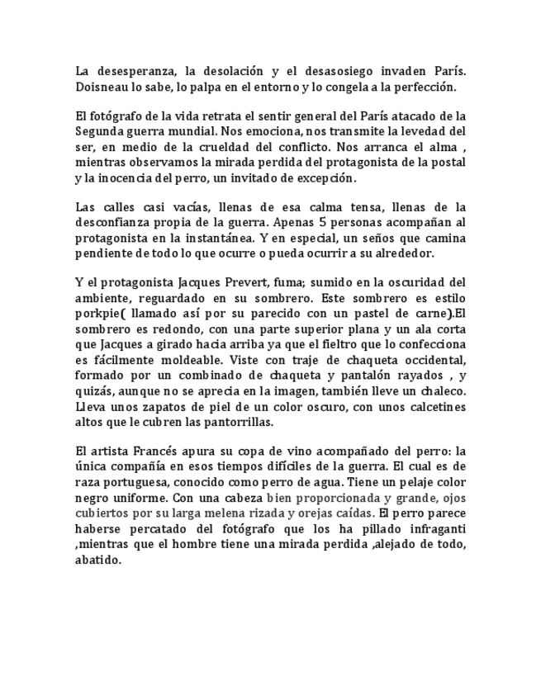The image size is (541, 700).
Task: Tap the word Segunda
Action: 101,131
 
